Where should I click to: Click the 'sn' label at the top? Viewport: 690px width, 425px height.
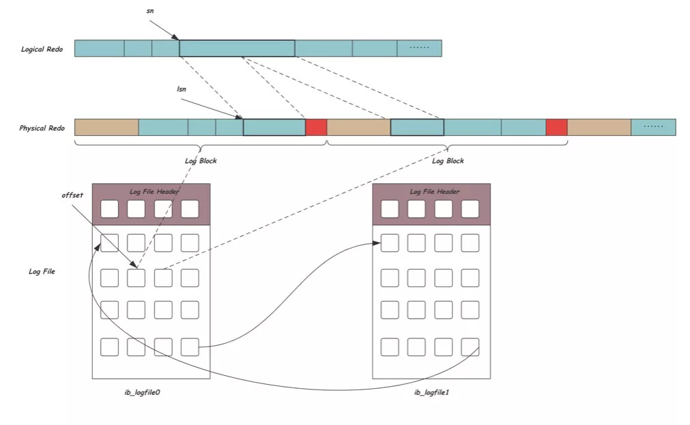click(150, 12)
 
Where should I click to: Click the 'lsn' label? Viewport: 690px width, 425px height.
click(181, 89)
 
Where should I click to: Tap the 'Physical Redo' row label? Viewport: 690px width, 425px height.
click(42, 128)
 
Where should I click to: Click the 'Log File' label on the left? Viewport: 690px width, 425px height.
click(42, 271)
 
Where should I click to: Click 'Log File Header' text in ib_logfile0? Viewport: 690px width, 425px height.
click(154, 192)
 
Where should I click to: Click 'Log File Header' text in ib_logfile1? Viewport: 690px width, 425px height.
click(434, 192)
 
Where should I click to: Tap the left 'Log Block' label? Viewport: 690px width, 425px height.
click(200, 161)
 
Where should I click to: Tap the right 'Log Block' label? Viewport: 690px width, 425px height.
click(448, 161)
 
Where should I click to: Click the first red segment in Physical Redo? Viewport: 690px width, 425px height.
click(316, 127)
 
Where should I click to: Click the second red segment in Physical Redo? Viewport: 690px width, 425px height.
click(556, 127)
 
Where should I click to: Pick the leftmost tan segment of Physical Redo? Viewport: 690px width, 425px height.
click(106, 127)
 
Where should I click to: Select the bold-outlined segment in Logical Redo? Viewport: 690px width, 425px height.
click(237, 48)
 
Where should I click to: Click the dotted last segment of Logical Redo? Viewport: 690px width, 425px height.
click(419, 48)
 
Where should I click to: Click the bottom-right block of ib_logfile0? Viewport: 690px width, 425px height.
click(190, 347)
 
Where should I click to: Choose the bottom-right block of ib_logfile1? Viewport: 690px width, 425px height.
click(470, 347)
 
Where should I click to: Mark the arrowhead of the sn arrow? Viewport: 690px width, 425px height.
click(177, 38)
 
